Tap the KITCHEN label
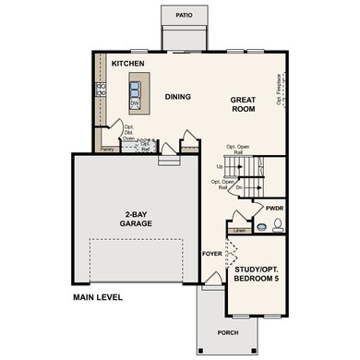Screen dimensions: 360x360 [128, 63]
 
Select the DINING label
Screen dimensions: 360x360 [177, 96]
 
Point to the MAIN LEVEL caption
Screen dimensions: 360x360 [99, 297]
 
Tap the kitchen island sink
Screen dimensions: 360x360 [135, 90]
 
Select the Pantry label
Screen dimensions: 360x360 [107, 147]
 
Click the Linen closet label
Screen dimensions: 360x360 [240, 230]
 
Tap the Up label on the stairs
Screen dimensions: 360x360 [218, 166]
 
